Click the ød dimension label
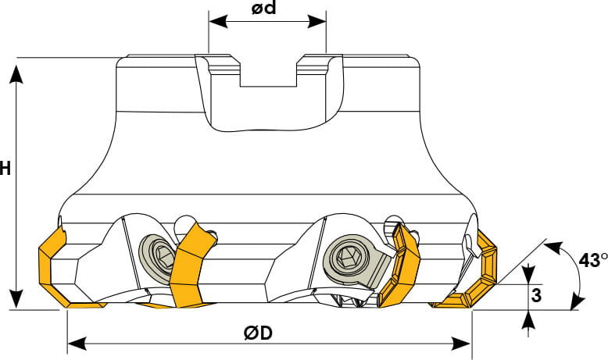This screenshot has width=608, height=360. coord(263,8)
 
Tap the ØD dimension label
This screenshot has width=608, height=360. coord(258,333)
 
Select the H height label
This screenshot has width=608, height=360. coord(5,169)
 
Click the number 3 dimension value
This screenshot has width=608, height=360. coord(536,295)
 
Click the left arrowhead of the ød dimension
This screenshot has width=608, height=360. coord(218,22)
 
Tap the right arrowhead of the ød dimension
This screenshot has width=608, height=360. coord(317,22)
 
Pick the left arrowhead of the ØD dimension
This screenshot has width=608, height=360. coord(77,344)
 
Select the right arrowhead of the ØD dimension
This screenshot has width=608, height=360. coord(462,344)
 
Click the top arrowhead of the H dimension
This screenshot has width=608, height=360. coord(16,74)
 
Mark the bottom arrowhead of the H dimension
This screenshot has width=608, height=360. coord(16,300)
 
